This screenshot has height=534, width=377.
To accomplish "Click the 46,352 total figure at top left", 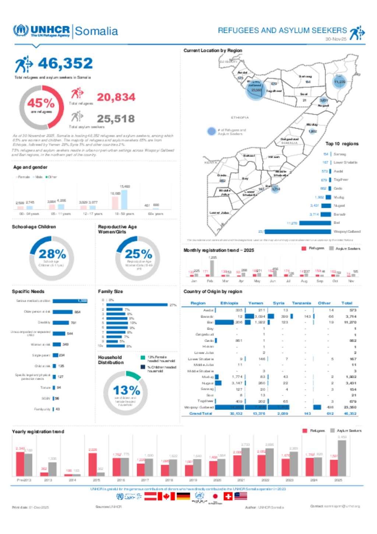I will point(65,63).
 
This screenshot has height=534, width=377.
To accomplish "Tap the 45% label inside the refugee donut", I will point(40,103).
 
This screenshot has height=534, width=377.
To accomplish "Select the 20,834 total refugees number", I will point(116,97).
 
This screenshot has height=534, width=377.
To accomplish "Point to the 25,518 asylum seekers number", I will point(116,119).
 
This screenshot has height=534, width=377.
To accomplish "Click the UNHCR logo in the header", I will point(42,31).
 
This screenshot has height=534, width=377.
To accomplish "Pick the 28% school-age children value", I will point(52,254).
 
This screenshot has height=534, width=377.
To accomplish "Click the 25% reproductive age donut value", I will point(138,254).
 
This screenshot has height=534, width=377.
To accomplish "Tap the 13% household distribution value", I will point(126,390).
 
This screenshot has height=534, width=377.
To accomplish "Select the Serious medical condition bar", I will point(70,301).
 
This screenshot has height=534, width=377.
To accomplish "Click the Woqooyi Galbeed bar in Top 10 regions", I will point(297,231).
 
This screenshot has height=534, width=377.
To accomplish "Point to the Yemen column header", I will point(256,303).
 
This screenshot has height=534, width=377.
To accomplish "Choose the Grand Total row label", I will point(200,413).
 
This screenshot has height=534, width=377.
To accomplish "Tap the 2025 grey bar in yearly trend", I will point(342,458).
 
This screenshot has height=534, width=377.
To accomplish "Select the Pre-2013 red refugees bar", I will point(20,464).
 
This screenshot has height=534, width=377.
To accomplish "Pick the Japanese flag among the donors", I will point(215,496).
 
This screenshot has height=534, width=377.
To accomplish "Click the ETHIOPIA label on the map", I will point(240,118).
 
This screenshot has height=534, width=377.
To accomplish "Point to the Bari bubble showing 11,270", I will point(339,81).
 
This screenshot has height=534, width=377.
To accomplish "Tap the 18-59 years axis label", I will point(124,214).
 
